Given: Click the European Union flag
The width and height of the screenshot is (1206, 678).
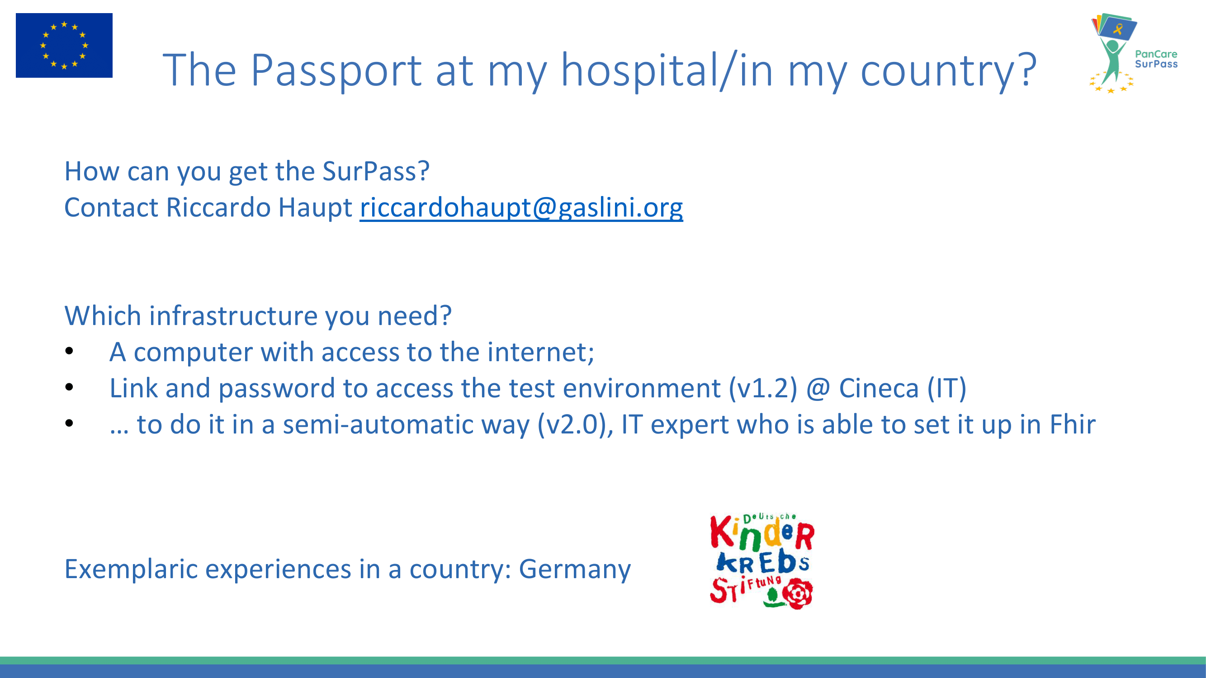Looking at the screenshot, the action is [x=64, y=45].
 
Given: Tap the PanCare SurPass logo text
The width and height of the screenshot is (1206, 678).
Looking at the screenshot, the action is [x=1156, y=59].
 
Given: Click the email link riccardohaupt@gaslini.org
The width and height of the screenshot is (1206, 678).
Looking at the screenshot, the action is [x=521, y=207].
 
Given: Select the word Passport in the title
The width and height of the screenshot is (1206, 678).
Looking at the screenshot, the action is [x=336, y=70].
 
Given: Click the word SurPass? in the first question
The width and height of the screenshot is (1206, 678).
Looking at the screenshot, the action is [x=376, y=171].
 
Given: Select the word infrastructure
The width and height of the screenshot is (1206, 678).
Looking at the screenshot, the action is [x=233, y=316].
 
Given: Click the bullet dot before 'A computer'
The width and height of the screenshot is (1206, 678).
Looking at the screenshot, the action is [x=69, y=351].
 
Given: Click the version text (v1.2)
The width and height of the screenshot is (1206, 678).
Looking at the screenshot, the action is [x=763, y=388].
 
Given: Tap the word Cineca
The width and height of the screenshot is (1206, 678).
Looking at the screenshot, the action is [x=879, y=388].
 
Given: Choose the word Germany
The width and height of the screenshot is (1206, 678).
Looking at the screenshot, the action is [x=575, y=570].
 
